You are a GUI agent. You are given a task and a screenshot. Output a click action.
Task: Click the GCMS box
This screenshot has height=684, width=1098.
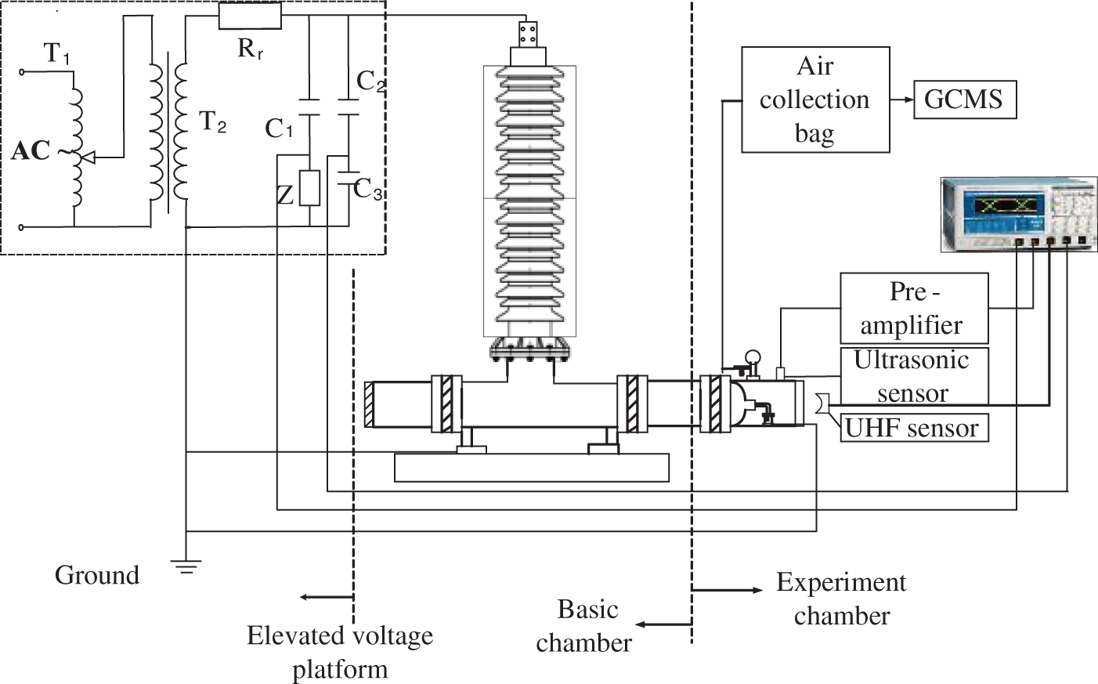pyautogui.click(x=965, y=100)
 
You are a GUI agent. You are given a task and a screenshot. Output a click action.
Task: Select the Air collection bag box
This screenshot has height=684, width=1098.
pyautogui.click(x=815, y=100)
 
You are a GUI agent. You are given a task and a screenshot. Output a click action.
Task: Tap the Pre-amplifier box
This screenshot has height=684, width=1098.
pyautogui.click(x=914, y=308)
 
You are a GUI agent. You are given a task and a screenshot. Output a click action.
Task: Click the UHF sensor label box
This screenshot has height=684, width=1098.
pyautogui.click(x=914, y=428)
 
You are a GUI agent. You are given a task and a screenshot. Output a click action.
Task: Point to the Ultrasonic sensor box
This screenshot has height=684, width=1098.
pyautogui.click(x=914, y=376)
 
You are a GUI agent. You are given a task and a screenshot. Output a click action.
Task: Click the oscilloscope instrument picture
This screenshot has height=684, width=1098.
pyautogui.click(x=1019, y=215)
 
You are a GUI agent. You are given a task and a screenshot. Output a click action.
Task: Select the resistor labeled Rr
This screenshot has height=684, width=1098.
pyautogui.click(x=250, y=15)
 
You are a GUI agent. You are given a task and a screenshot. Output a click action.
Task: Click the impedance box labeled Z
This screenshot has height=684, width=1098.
pyautogui.click(x=309, y=188)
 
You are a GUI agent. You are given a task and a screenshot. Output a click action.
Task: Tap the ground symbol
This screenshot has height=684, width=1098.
pyautogui.click(x=186, y=566)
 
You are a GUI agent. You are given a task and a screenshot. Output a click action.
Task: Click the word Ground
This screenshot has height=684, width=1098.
pyautogui.click(x=97, y=575)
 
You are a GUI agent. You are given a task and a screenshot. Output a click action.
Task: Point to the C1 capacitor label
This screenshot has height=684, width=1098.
pyautogui.click(x=279, y=128)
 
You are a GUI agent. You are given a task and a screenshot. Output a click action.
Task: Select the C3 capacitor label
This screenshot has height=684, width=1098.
pyautogui.click(x=367, y=190)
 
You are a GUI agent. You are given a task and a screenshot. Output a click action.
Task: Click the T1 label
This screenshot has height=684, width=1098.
pyautogui.click(x=57, y=53)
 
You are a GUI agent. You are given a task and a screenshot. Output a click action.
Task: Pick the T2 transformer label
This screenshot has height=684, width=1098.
pyautogui.click(x=213, y=121)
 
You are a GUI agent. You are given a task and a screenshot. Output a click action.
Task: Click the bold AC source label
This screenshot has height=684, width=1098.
pyautogui.click(x=31, y=150)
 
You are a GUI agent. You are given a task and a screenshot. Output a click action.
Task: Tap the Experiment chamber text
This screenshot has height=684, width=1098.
pyautogui.click(x=842, y=599)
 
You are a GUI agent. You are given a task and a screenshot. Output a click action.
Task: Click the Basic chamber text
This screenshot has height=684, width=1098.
pyautogui.click(x=584, y=626)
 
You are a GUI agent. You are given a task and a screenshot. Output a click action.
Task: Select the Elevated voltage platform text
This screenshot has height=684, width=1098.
pyautogui.click(x=340, y=652)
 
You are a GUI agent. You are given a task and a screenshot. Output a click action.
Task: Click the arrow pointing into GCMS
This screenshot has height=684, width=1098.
pyautogui.click(x=902, y=100)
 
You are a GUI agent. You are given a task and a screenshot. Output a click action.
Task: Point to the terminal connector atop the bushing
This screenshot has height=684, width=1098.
pyautogui.click(x=528, y=34)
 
